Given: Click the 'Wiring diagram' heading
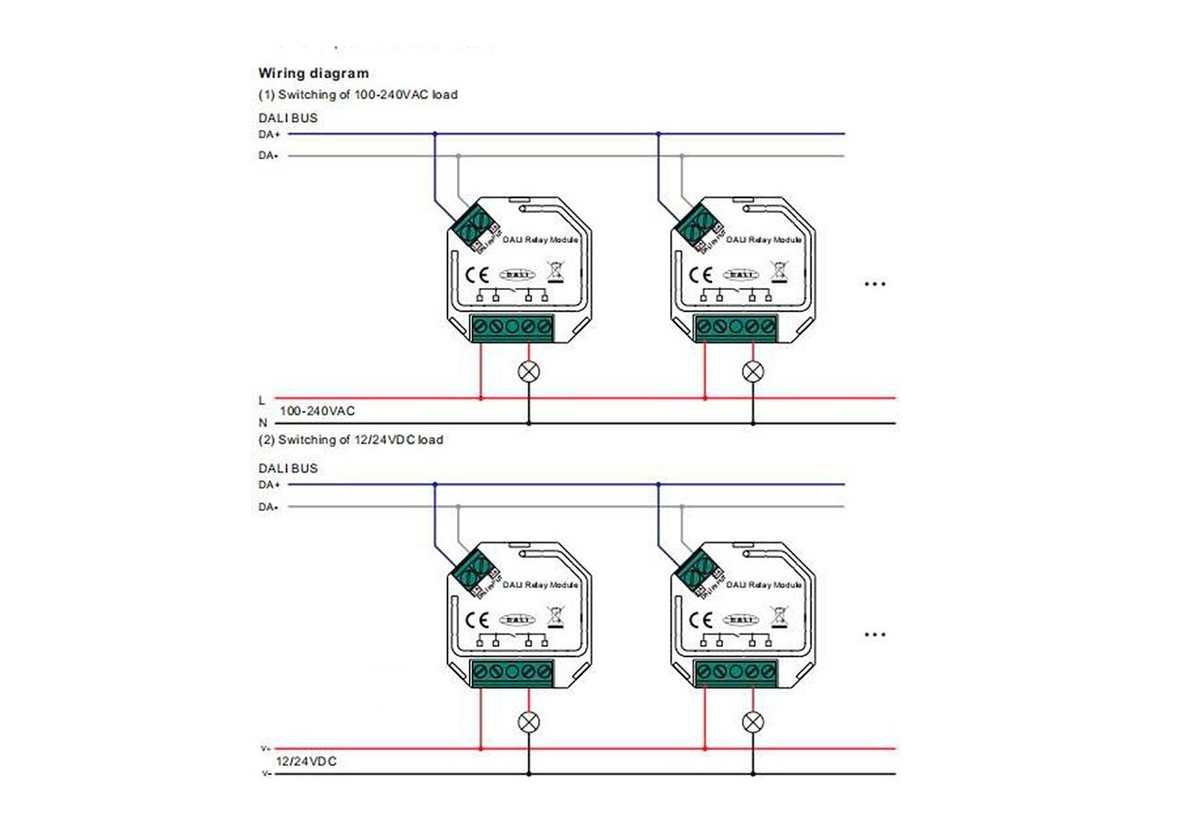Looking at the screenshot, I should point(313,73).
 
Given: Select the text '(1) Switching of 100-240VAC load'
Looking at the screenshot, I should point(357,94).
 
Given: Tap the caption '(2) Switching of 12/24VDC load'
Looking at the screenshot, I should point(350,440).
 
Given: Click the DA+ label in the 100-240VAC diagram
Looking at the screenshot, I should point(269,134).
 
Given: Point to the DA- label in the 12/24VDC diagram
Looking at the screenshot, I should point(269,507).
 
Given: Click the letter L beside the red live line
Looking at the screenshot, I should point(262,399).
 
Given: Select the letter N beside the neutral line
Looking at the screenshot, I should point(262,423).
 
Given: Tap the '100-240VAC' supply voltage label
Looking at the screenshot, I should point(317,410).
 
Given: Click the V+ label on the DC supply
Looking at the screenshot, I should point(265,749).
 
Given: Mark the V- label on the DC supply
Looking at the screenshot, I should point(265,774).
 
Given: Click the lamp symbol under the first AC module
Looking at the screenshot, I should point(529,371).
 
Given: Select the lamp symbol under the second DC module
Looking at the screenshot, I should point(754,721).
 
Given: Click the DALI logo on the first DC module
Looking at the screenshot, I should point(515,620).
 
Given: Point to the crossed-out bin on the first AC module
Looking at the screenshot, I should point(555,271).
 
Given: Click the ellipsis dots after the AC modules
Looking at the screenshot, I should point(874,284).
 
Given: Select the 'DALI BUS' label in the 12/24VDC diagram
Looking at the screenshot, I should point(287,468).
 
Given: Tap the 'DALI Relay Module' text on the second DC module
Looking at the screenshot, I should point(764,585).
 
